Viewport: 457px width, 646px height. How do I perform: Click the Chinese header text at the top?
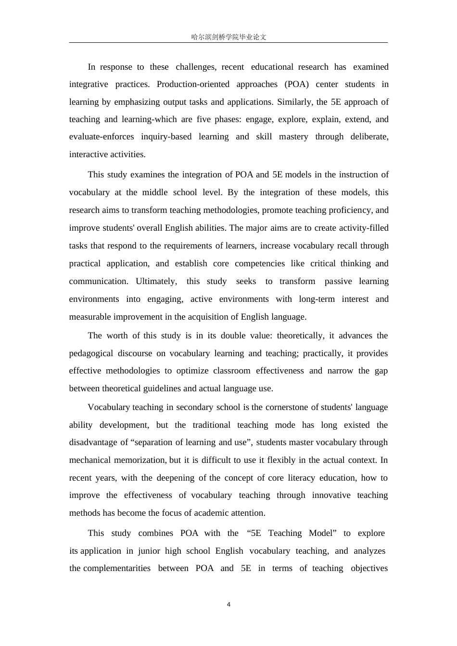tap(228, 37)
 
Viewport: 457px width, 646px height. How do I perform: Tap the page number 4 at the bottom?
tap(228, 604)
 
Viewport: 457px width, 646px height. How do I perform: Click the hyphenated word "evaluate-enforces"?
tap(102, 137)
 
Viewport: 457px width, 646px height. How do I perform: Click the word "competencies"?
tap(260, 263)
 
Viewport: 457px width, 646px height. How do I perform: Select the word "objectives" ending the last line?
tap(369, 568)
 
